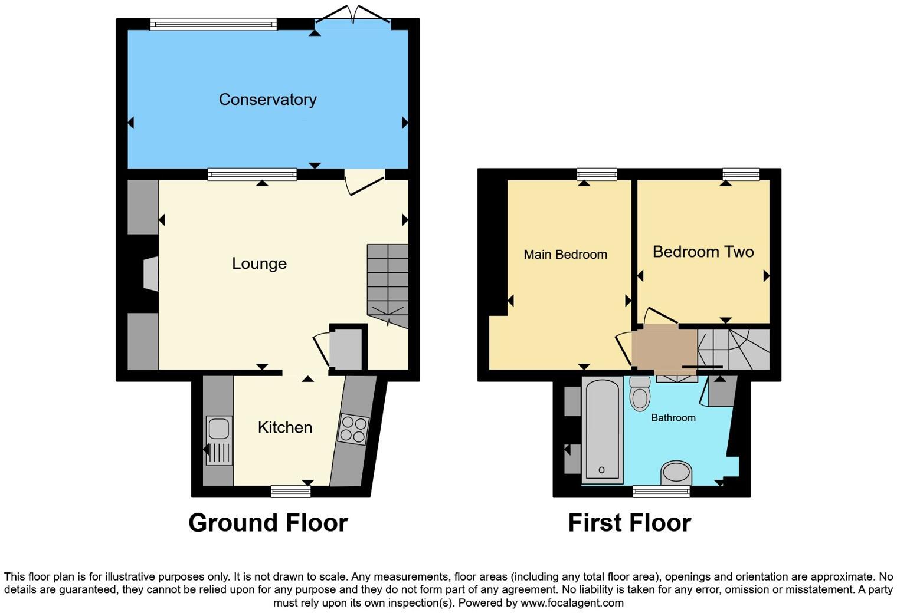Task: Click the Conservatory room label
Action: tap(267, 100)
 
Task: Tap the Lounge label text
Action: tap(259, 263)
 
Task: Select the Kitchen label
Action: tap(284, 427)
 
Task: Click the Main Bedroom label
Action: tap(565, 255)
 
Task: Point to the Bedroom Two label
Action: tap(703, 252)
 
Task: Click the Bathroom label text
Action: tap(673, 418)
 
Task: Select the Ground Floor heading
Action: tap(268, 523)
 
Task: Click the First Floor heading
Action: tap(629, 523)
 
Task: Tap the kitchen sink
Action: tap(219, 440)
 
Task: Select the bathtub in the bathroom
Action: tap(602, 430)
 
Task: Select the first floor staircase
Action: tap(734, 350)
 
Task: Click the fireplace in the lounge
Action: tap(150, 273)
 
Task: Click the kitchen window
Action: tap(290, 490)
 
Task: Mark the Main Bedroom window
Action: tap(597, 174)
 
